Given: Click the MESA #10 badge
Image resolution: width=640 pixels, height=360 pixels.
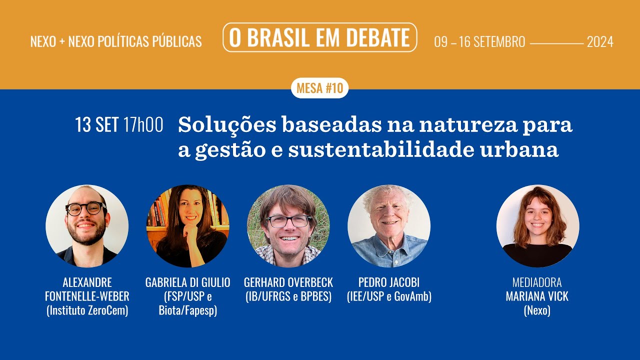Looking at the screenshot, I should coord(319,88).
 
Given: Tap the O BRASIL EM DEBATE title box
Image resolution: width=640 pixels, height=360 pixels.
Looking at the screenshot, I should coord(319,37).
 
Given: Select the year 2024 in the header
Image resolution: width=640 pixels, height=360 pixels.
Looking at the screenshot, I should coord(600,42).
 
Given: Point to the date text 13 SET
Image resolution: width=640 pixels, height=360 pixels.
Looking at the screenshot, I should coord(96,125).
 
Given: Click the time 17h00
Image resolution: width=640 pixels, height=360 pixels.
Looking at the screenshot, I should coord(143,125).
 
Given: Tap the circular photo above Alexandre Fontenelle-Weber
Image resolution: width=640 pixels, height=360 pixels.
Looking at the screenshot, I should coord(87,226).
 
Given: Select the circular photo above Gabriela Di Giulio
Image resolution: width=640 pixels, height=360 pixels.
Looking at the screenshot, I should coord(187,226).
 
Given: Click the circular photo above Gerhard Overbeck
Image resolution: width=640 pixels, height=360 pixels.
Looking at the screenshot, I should coord(288,226).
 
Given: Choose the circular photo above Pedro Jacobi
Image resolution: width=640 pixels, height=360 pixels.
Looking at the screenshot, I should coord(389,226).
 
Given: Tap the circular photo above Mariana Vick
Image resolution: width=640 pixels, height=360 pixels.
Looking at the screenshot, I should coord(537,226).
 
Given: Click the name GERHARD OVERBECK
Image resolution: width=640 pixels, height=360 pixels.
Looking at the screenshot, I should coord(288,282).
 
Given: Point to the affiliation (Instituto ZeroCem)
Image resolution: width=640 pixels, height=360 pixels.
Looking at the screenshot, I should coord(87,310).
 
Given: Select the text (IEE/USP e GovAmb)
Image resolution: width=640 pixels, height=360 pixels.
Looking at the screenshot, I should coord(389,296).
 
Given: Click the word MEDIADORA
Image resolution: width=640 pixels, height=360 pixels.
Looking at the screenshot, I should coord(537,282).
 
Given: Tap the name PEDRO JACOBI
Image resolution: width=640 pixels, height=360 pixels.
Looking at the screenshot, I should coord(389,282).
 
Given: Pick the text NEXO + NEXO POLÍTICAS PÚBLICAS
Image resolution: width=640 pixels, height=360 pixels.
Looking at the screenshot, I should coord(116,42).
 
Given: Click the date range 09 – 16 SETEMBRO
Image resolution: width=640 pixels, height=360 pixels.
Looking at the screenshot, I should coord(479,42).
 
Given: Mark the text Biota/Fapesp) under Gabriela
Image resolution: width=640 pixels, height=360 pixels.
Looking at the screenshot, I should coord(188,310).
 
